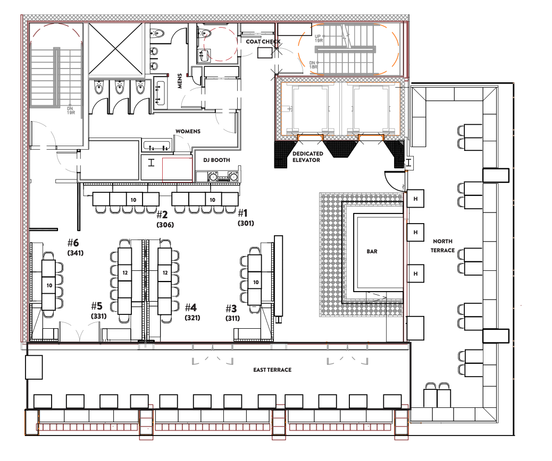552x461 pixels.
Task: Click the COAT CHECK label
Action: pos(263,41)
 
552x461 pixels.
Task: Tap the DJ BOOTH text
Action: pos(216,160)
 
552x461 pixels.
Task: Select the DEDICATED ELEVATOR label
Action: pos(308,157)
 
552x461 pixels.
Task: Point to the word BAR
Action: pos(372,251)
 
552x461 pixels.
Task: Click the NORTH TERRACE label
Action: pos(443,246)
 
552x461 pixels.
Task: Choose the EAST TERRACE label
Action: pos(272,370)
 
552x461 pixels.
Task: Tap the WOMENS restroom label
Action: pos(188,131)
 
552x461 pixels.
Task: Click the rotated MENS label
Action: pos(180,81)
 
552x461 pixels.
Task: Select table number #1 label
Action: pos(243,213)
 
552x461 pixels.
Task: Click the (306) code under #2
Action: pos(165,225)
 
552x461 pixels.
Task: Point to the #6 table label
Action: pos(73,242)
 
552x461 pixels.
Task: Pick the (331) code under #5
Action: pos(99,316)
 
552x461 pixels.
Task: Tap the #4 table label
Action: pos(191,308)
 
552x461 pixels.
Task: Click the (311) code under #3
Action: pos(233,318)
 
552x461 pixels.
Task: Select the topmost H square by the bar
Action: pos(415,199)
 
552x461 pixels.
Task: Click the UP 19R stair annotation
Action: pos(318,38)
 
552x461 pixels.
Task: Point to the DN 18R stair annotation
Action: pos(313,65)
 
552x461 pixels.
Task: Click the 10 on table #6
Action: pos(49,286)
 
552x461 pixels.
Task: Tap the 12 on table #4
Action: pos(165,272)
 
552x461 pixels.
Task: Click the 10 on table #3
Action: pos(256,282)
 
